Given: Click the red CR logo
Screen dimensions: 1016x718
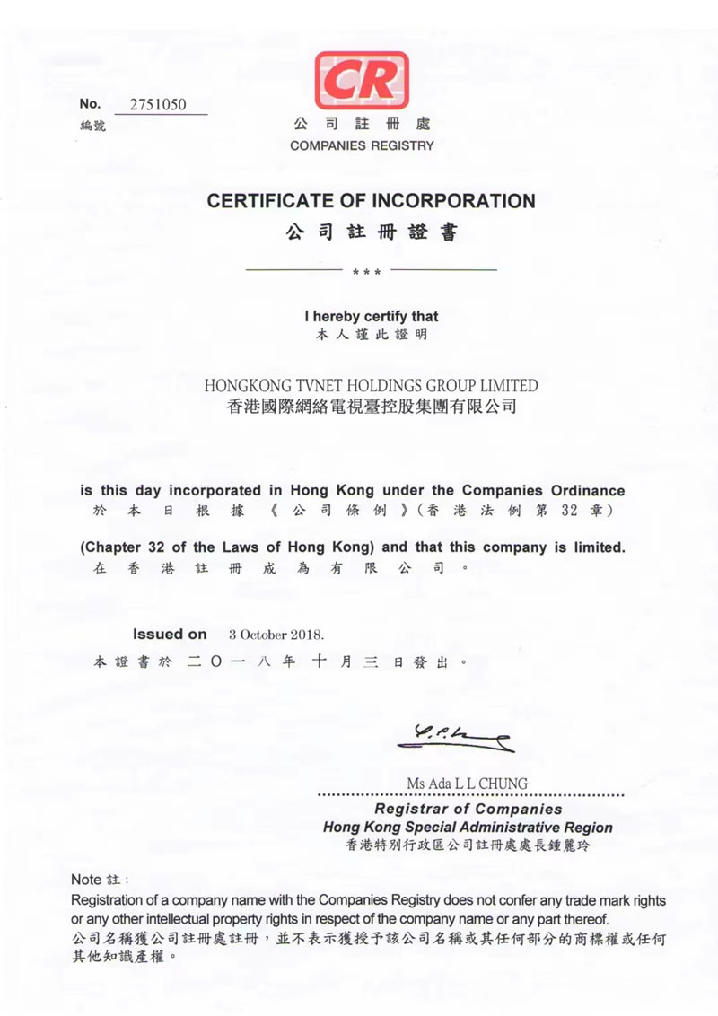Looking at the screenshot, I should click(x=362, y=81).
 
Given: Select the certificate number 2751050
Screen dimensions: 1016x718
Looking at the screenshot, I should click(x=158, y=104).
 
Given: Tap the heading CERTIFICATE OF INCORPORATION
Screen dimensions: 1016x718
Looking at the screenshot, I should click(x=371, y=201).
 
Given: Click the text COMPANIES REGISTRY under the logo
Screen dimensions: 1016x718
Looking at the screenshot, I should click(x=362, y=145).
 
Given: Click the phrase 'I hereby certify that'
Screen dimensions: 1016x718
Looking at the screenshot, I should click(x=371, y=317).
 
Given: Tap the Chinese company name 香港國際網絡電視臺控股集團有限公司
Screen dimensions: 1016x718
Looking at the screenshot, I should click(x=371, y=407).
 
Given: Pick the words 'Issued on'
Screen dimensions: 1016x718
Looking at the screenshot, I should click(x=170, y=635).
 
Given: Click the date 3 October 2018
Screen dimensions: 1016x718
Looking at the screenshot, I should click(x=276, y=635).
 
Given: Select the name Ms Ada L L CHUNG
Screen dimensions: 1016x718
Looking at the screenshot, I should click(x=467, y=784).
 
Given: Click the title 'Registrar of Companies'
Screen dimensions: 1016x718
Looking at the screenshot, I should click(x=468, y=810).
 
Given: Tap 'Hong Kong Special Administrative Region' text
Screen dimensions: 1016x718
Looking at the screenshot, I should click(x=468, y=828).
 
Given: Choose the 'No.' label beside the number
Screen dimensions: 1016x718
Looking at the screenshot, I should click(x=91, y=104).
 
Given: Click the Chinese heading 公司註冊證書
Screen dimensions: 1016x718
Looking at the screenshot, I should click(x=371, y=233).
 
